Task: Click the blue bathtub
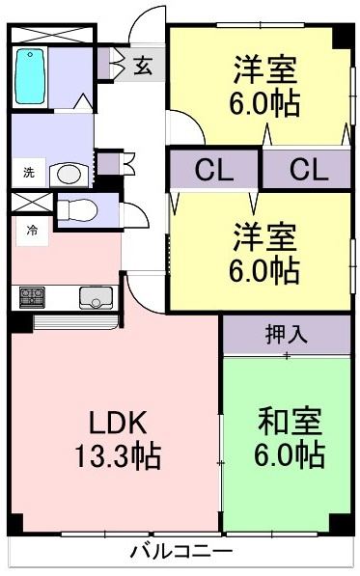click(x=31, y=76)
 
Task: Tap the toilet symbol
click(x=77, y=210)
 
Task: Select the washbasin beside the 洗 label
click(x=69, y=174)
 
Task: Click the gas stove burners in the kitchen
click(x=32, y=297)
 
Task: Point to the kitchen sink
click(x=96, y=297)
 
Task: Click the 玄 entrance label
click(x=143, y=66)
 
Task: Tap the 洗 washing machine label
click(x=29, y=172)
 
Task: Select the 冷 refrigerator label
click(x=32, y=231)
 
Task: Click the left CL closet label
click(x=214, y=170)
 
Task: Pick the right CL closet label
click(x=309, y=170)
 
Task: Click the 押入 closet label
click(x=286, y=334)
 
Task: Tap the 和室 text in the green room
click(x=290, y=421)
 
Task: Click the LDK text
click(x=119, y=423)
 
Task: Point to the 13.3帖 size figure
click(x=119, y=455)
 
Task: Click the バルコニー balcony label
click(x=182, y=551)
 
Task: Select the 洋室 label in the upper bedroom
click(x=265, y=69)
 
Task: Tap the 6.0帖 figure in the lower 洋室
click(x=264, y=270)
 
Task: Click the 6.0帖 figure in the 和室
click(x=290, y=454)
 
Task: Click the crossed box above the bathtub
click(x=52, y=35)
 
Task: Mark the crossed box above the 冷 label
click(x=32, y=203)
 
